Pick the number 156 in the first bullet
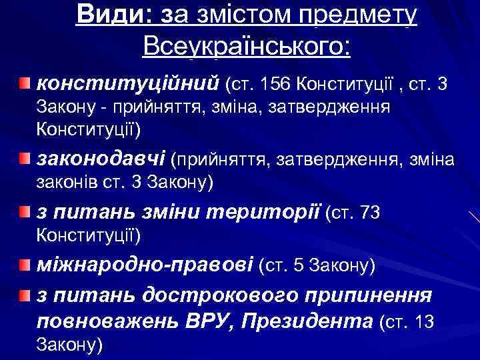pyautogui.click(x=277, y=85)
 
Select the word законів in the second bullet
pyautogui.click(x=65, y=181)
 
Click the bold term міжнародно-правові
pyautogui.click(x=145, y=266)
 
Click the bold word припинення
pyautogui.click(x=377, y=295)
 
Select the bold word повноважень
pyautogui.click(x=107, y=321)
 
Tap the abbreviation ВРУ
pyautogui.click(x=207, y=321)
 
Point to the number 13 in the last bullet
pyautogui.click(x=425, y=322)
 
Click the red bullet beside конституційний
pyautogui.click(x=25, y=83)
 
